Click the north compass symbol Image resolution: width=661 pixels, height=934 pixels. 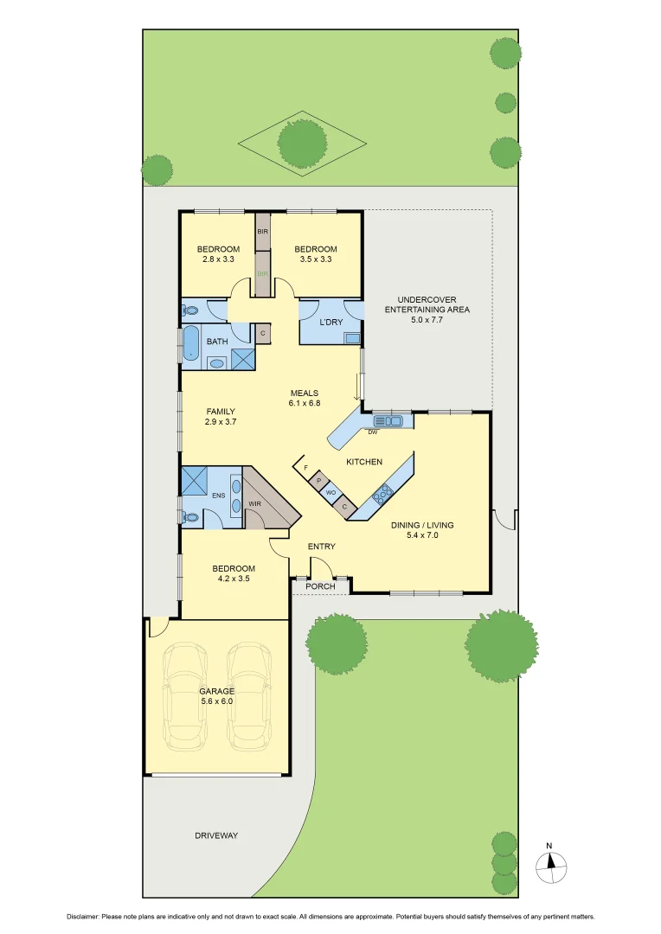point(550,863)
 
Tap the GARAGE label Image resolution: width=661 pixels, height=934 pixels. point(217,691)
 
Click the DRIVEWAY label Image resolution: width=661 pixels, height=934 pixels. point(215,835)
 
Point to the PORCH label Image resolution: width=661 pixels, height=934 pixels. point(320,586)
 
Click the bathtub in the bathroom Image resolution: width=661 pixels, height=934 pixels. point(190,342)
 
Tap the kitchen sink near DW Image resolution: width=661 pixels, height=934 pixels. point(395,421)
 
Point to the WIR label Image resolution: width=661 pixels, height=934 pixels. point(255,502)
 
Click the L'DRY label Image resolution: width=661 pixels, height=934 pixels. point(331,323)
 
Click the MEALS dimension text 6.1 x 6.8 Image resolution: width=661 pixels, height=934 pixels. point(305,403)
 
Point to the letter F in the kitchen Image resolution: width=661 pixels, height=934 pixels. point(306,468)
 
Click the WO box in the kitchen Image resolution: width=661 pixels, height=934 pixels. point(331,493)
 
